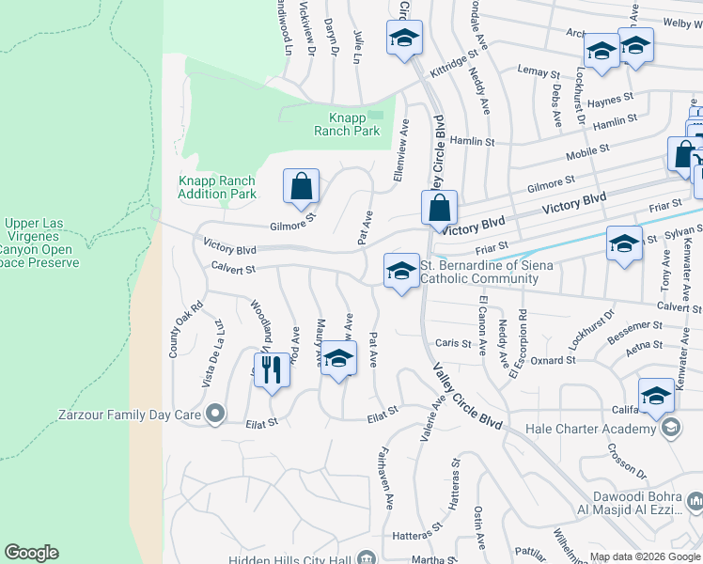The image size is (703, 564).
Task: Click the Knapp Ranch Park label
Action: click(354, 124)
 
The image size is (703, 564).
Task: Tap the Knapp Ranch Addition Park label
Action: click(217, 187)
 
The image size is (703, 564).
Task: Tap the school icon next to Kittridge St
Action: click(404, 38)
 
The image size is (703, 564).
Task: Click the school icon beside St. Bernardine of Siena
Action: click(401, 271)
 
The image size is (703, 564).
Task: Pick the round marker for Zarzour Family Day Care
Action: click(216, 413)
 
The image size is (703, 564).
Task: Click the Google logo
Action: click(31, 553)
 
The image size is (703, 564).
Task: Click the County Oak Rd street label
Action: click(173, 329)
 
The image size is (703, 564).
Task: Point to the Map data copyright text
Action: click(645, 556)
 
